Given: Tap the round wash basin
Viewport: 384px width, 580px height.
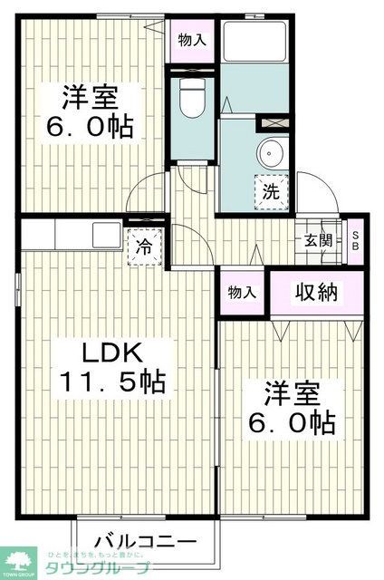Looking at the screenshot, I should (x=270, y=152).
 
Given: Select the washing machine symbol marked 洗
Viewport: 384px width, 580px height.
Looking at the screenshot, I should (x=270, y=190).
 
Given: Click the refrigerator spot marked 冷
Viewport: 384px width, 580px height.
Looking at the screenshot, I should (x=143, y=246).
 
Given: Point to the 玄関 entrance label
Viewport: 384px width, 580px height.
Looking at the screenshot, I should (x=317, y=240).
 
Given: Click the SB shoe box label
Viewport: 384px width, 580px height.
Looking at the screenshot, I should (x=356, y=240).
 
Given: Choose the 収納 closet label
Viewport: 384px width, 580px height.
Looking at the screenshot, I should (x=316, y=292).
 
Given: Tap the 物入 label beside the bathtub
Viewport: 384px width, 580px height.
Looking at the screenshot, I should (x=191, y=40).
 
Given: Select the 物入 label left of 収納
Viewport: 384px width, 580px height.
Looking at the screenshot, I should (x=242, y=293).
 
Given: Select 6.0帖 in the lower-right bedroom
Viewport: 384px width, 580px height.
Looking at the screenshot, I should (x=293, y=421).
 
